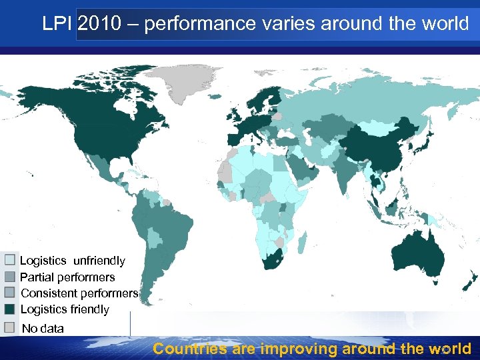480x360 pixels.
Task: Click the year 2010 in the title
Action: point(100,24)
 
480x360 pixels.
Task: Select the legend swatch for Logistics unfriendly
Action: point(10,260)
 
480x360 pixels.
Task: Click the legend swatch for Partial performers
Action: point(10,276)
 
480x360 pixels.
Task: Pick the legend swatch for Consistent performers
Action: point(10,292)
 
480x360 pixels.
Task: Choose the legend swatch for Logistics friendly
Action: point(10,309)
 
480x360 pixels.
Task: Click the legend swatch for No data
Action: point(10,327)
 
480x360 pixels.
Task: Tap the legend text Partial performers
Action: point(67,277)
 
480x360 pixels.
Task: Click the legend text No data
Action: point(43,328)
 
